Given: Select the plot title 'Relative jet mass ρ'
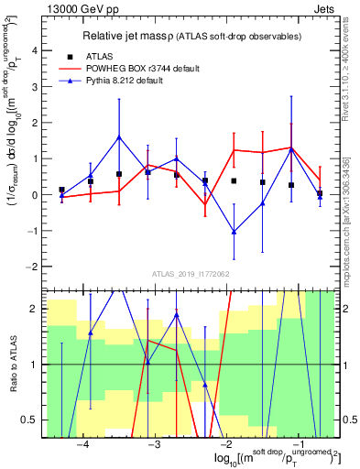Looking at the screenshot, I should tap(136, 37).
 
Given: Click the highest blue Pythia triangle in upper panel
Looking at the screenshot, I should tap(119, 137).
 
